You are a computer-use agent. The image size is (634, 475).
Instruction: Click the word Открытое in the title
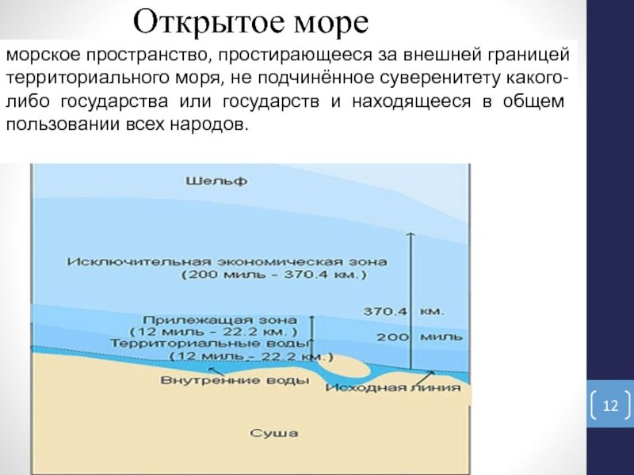coord(209,22)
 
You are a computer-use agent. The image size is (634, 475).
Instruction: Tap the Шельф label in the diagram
coord(216,181)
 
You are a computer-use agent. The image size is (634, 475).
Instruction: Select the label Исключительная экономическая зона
coord(227,262)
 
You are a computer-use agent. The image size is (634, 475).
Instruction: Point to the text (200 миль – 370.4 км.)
coord(274,275)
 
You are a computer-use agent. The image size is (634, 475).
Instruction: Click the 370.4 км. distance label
coord(403,311)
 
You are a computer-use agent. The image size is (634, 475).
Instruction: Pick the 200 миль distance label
coord(419,336)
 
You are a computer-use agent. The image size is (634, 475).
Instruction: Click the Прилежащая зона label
coord(220,320)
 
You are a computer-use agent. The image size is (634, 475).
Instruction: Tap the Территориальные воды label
coord(210,344)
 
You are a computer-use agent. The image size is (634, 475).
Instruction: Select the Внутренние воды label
coord(235,380)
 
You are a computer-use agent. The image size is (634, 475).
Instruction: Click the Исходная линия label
coord(393,387)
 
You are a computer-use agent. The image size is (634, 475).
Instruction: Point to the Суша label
coord(274,433)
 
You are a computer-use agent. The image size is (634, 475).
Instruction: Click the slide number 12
coord(610,405)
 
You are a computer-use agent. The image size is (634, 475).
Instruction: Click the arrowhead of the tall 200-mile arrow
coord(411,234)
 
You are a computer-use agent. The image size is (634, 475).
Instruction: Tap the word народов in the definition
coord(208,124)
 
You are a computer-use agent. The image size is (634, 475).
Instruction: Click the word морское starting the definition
coord(44,55)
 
